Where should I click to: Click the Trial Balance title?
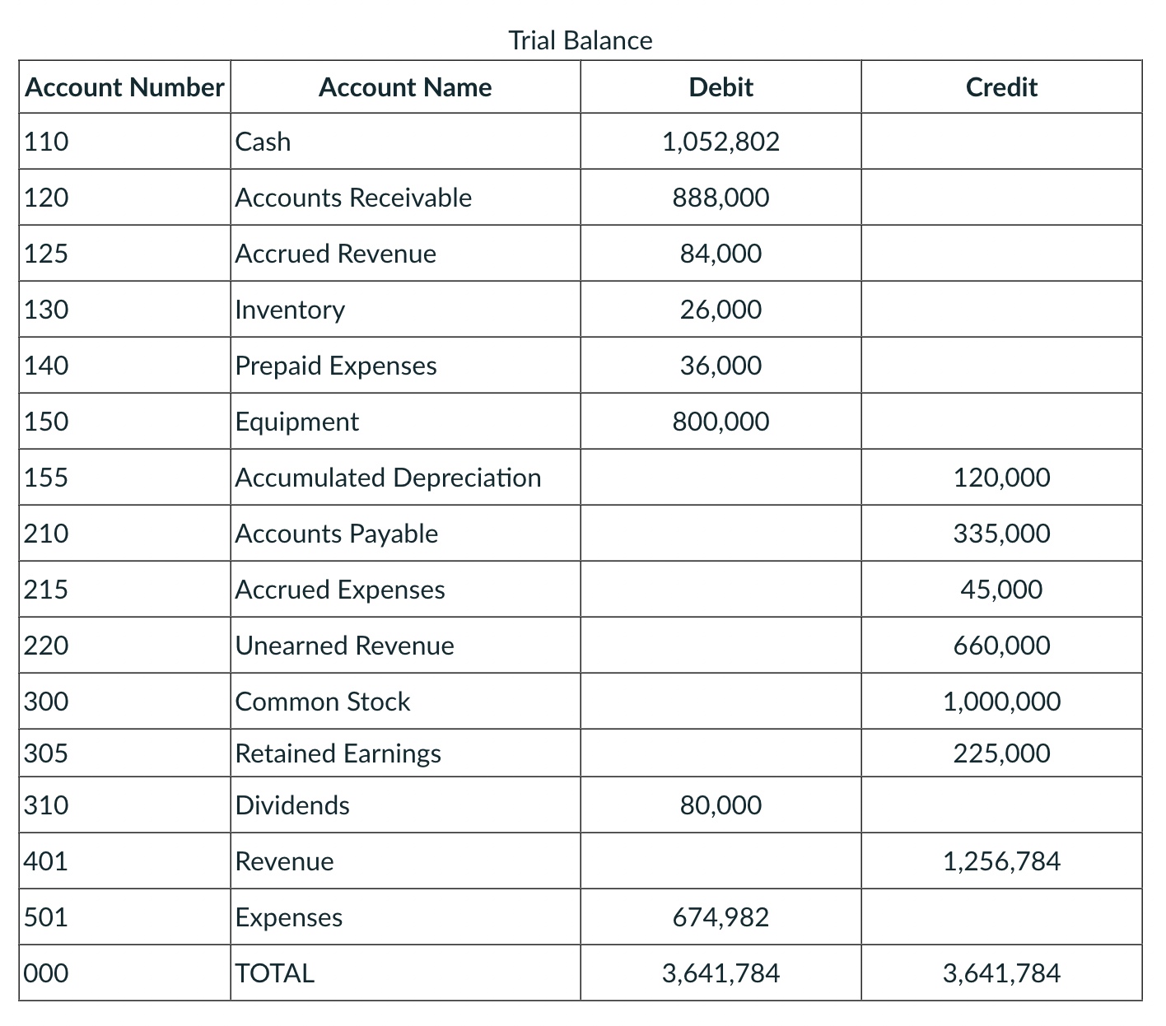(580, 40)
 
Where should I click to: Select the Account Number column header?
(124, 87)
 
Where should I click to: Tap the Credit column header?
(1000, 87)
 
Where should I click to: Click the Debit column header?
(721, 87)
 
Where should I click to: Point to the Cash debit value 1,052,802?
(721, 142)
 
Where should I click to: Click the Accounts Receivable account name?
(353, 198)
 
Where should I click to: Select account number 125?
(46, 254)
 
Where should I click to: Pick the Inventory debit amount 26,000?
(721, 310)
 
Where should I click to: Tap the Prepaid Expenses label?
(336, 366)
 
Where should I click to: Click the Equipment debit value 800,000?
(721, 422)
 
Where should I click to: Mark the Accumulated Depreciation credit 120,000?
(1001, 478)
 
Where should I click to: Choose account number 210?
(46, 534)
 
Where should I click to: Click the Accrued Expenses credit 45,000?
(1001, 590)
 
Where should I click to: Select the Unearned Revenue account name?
(344, 646)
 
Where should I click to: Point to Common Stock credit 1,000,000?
(1001, 702)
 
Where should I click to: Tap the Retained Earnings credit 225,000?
(1001, 753)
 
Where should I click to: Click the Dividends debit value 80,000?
(721, 805)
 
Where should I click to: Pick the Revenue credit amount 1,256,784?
(1001, 861)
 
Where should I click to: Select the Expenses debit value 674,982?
(721, 917)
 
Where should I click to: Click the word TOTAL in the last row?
(275, 973)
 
